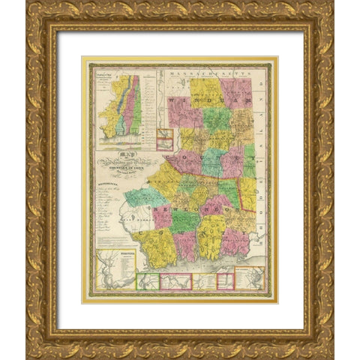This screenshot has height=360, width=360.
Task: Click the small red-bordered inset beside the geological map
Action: (165, 138)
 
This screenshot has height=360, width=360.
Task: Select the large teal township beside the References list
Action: (144, 196)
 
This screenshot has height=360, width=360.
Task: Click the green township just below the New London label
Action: (185, 220)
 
